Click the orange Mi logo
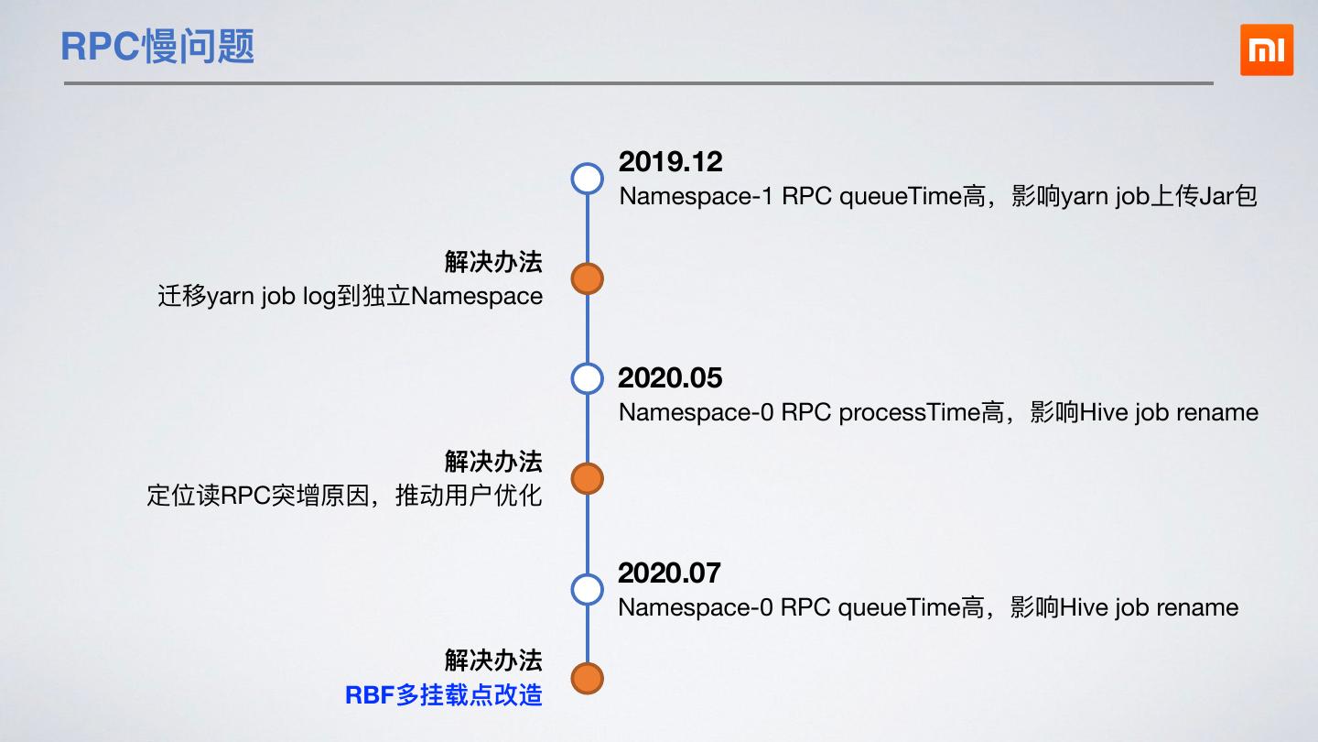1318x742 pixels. point(1267,50)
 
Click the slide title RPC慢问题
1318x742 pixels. point(157,47)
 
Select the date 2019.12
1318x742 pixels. point(670,162)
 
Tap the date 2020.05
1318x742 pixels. point(670,378)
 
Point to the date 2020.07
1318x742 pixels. point(669,573)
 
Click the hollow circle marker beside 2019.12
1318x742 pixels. point(587,179)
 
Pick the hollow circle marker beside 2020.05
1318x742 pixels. point(587,378)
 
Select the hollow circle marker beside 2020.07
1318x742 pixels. point(587,589)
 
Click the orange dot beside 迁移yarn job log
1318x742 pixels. point(587,278)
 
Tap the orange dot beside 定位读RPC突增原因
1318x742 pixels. point(587,478)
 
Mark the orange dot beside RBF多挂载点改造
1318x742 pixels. point(587,679)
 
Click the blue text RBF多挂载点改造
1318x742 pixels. point(444,695)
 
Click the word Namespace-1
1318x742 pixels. point(696,197)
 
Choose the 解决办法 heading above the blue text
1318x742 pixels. point(493,660)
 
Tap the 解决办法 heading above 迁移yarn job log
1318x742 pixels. point(493,262)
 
